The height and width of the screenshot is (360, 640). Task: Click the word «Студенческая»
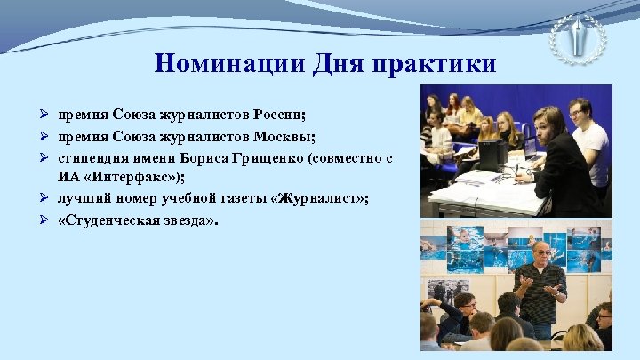pos(110,218)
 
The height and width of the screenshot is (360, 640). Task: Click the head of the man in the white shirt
pos(579,110)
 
